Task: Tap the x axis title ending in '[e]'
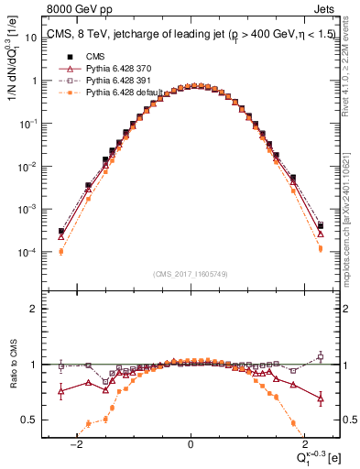click(x=317, y=458)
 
